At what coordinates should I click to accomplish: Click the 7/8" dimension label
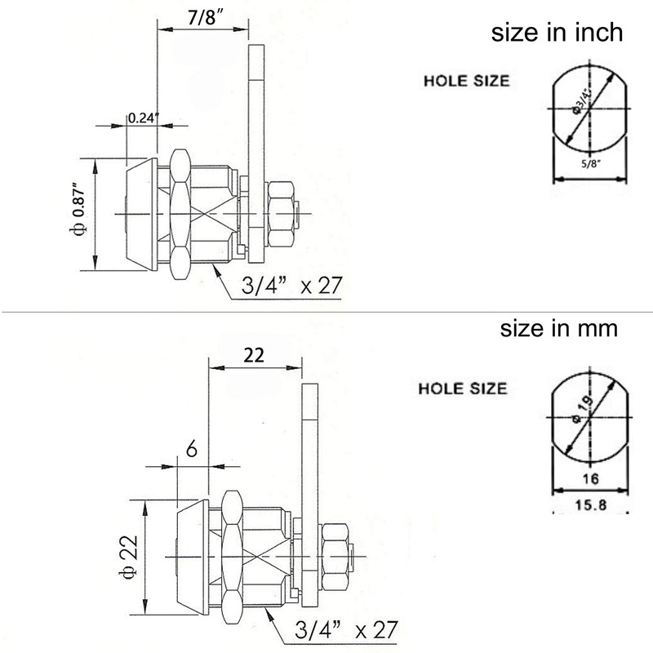(201, 19)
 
